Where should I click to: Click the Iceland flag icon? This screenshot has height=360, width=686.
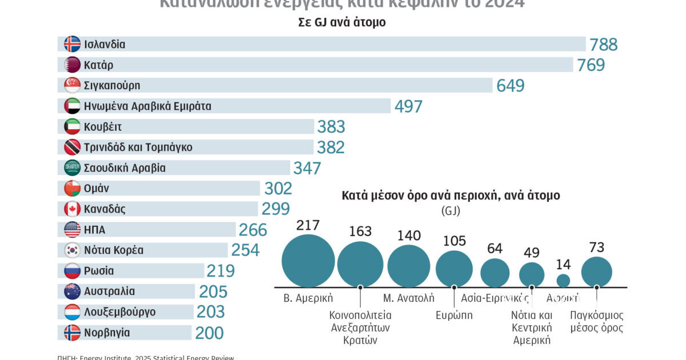point(72,45)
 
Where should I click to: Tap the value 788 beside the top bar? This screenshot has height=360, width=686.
point(604,45)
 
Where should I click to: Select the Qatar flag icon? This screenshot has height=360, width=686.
point(72,65)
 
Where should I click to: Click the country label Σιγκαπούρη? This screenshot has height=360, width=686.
point(111,86)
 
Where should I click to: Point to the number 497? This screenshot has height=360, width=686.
point(408,106)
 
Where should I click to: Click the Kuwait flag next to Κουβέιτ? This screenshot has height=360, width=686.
point(72,127)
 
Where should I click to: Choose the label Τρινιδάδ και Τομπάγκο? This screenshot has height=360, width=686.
point(138,147)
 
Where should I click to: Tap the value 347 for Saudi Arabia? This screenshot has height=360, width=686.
point(307,168)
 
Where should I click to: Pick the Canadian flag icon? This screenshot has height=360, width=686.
point(72,209)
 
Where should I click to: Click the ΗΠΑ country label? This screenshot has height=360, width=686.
point(94,230)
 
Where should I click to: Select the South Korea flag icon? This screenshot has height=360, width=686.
point(72,250)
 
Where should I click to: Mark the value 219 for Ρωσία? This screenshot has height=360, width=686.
point(221,271)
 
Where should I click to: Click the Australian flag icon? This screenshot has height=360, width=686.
point(72,291)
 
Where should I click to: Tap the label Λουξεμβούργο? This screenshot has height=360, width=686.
point(119,312)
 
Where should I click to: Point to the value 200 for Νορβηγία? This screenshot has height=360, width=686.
point(209,333)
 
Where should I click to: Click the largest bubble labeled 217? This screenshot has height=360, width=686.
point(308,261)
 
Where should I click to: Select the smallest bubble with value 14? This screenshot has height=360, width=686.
point(563,280)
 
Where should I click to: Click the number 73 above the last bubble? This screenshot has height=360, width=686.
point(596,247)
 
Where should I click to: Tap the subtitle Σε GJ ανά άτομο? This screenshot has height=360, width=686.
point(342,23)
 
